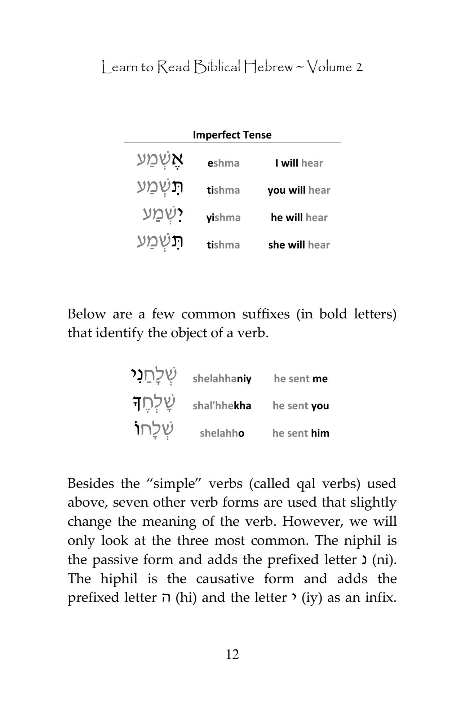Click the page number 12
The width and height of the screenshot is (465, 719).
coord(232,654)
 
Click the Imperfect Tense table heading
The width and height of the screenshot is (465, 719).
coord(232,135)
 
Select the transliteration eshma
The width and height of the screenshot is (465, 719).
coord(223,163)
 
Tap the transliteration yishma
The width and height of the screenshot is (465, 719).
coord(223,218)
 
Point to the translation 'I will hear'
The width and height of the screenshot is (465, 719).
coord(299,163)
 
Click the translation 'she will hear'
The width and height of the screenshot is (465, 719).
coord(299,245)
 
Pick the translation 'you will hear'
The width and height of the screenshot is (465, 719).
coord(299,190)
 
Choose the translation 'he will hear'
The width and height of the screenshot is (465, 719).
coord(299,218)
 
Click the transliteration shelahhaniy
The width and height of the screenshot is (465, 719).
coord(222,379)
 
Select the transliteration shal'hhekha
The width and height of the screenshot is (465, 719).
coord(222,406)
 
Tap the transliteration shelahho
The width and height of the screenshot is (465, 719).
coord(222,433)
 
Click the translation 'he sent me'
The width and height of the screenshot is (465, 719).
coord(301,379)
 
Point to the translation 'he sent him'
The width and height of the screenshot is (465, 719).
coord(301,433)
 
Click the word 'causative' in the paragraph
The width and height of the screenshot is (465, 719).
coord(225,579)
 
